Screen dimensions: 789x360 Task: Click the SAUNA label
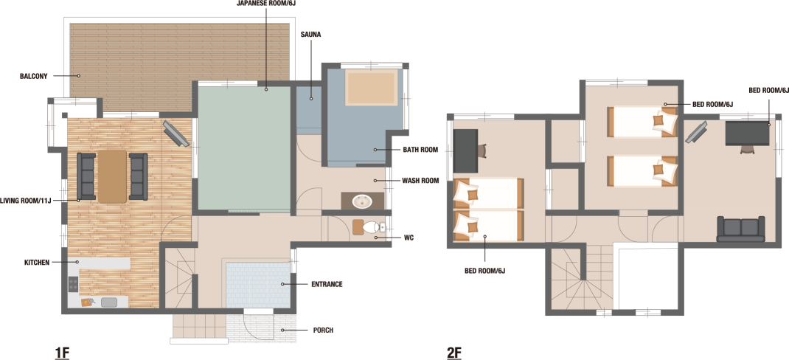coord(310,35)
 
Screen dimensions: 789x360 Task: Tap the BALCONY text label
coord(34,77)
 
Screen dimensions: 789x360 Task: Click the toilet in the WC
coord(368,226)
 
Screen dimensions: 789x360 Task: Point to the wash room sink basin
coord(362,202)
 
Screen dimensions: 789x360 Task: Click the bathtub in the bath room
coord(370,89)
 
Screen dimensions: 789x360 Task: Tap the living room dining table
coord(112,176)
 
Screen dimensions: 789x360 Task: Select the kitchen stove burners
coord(73,284)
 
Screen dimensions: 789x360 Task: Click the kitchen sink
coord(108,302)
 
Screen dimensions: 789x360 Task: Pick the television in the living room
coord(175,134)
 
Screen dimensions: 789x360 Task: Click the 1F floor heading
coord(62,353)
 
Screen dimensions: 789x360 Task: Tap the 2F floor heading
coord(454,353)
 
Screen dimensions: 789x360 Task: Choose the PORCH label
coord(323,330)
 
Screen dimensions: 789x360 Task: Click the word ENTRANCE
coord(327,285)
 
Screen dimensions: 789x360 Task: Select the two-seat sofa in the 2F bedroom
coord(740,229)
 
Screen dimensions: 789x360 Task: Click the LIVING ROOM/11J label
coord(26,201)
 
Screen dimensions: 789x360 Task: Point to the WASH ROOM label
coord(420,181)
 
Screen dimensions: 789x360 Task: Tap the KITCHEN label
coord(37,263)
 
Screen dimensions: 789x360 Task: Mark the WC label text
coord(409,238)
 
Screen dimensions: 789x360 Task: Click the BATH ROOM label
coord(420,150)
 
